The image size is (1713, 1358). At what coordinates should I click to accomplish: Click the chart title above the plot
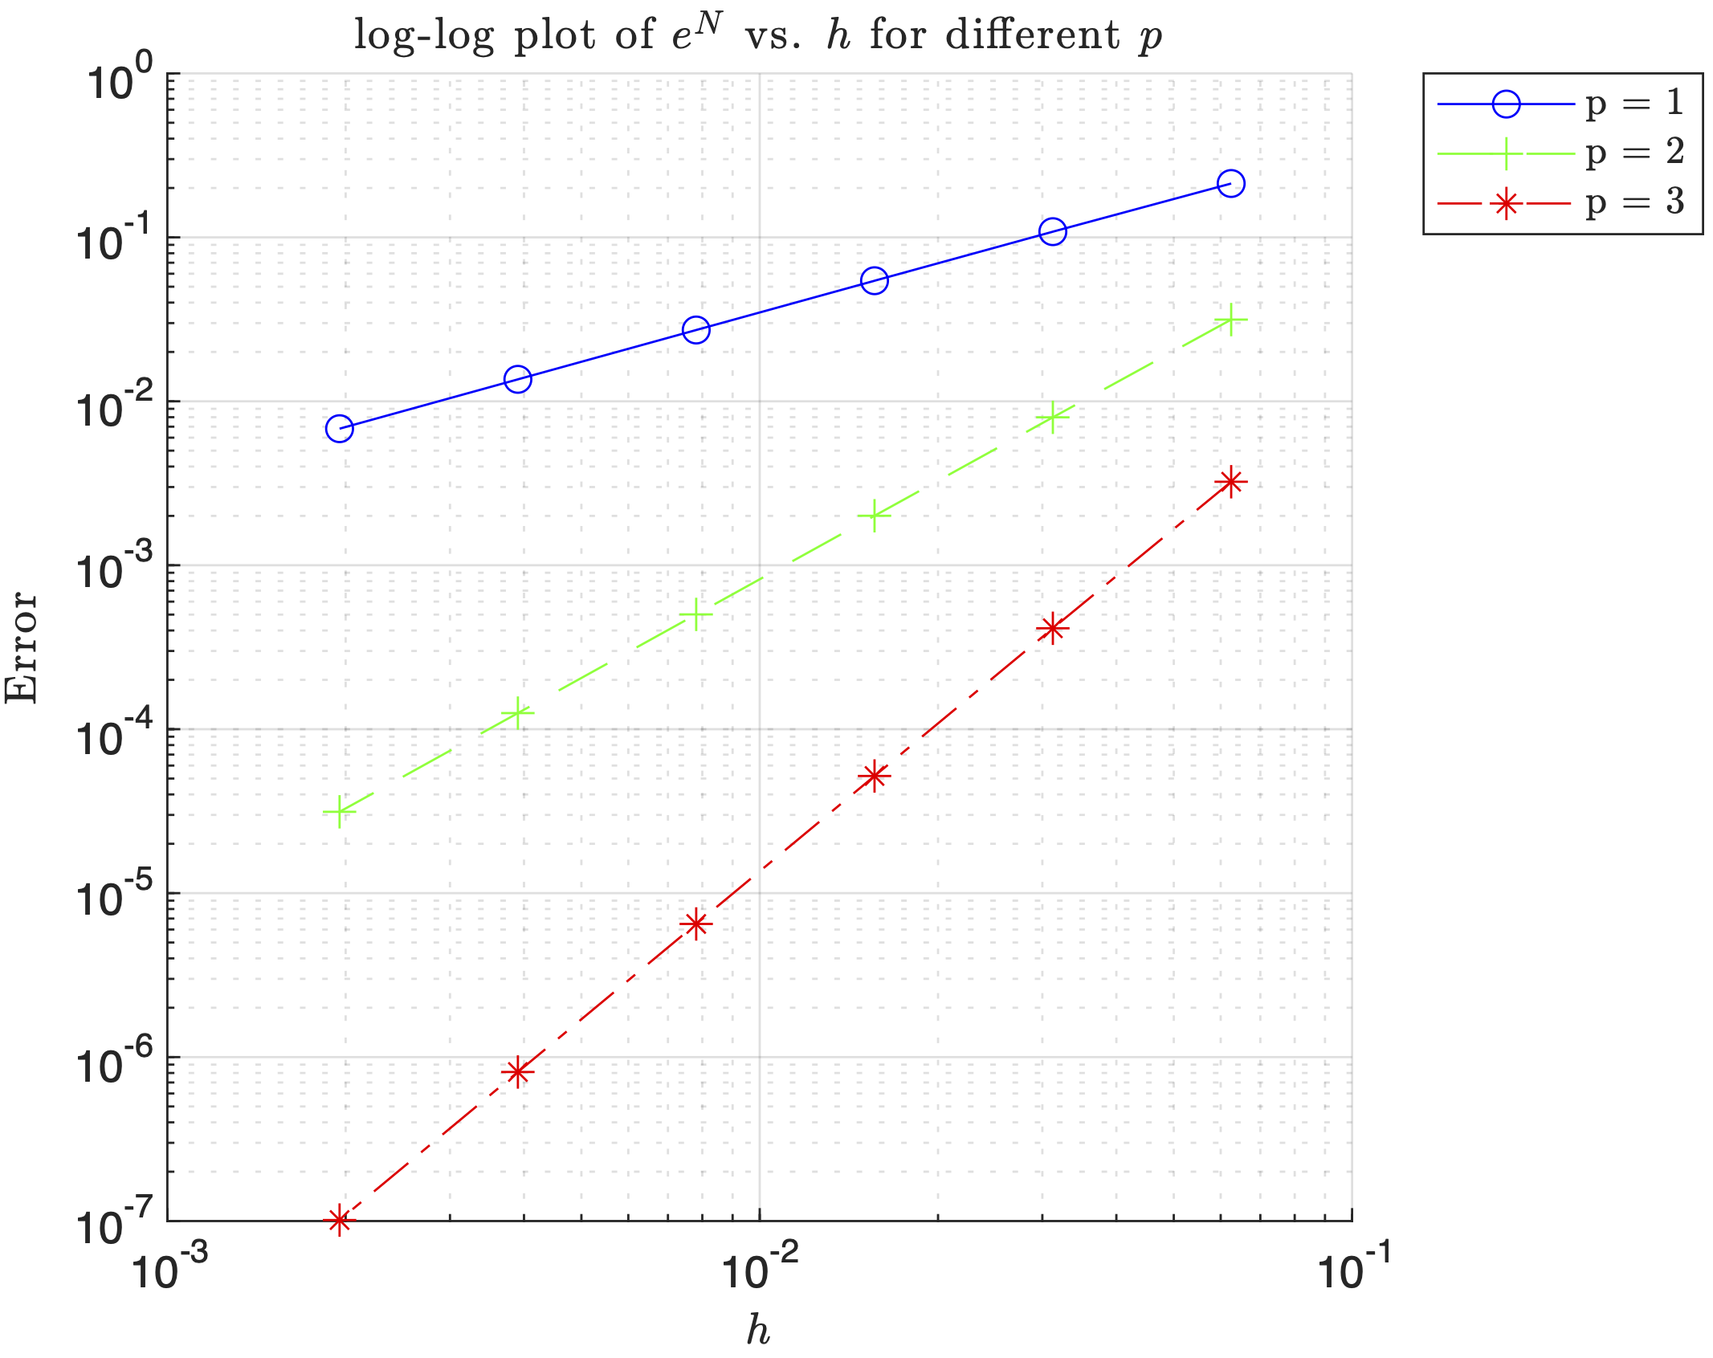point(758,35)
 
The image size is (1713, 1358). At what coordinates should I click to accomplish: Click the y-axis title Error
point(22,647)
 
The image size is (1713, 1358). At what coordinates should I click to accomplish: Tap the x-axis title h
point(758,1330)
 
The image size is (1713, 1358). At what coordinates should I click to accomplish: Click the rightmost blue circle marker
point(1230,184)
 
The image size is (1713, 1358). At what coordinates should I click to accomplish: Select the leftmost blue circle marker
point(340,428)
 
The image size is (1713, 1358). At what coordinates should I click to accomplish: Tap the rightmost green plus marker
point(1230,320)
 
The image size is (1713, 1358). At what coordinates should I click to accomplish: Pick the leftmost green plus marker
point(340,812)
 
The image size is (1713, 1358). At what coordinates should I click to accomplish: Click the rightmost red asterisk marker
point(1230,482)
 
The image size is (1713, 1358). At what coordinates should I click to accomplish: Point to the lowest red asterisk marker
point(340,1221)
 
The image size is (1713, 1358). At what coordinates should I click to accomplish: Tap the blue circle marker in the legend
point(1506,104)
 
